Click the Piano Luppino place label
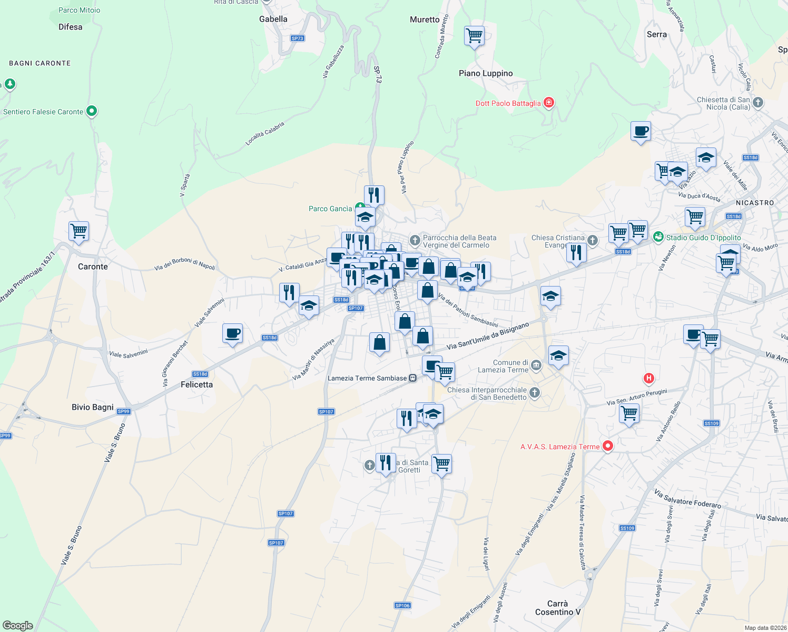(x=486, y=73)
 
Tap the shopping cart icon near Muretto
(x=475, y=36)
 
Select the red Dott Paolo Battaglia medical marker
(x=549, y=102)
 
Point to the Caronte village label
(x=93, y=266)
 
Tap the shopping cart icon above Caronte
(x=78, y=231)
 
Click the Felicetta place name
(x=196, y=384)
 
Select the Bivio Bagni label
(x=93, y=407)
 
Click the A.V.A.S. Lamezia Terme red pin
(x=608, y=446)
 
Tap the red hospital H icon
(x=649, y=378)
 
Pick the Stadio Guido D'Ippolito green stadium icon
(x=658, y=237)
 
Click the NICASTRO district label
(x=755, y=203)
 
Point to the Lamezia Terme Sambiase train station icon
(x=413, y=378)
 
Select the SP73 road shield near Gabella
(x=298, y=38)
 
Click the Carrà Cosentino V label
(x=557, y=608)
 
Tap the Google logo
(x=18, y=626)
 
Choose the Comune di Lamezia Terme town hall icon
(x=536, y=366)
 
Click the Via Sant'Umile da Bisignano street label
(x=488, y=337)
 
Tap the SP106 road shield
(x=402, y=606)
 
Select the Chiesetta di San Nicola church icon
(x=758, y=102)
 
